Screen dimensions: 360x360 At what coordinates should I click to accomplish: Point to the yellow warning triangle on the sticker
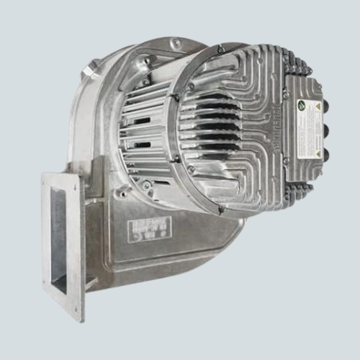tap(312, 109)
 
